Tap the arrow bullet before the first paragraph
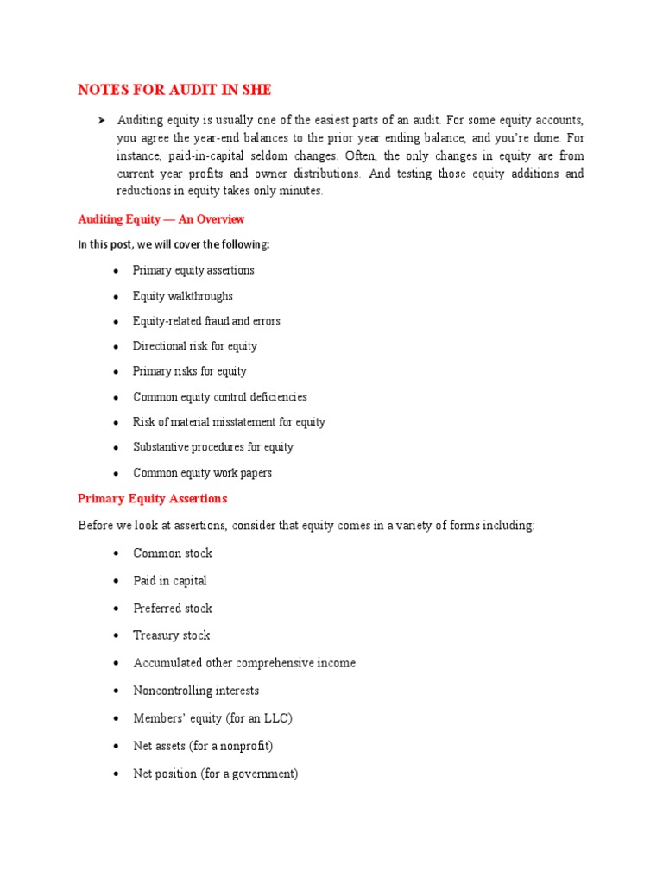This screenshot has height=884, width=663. coord(103,120)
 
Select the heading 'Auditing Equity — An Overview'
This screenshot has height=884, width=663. coord(161,219)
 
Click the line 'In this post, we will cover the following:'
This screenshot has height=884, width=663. coord(174,244)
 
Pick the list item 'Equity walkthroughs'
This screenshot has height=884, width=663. coord(182,296)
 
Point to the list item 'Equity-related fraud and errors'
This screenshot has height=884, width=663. coord(206,321)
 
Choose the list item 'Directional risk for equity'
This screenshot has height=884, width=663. coord(194,346)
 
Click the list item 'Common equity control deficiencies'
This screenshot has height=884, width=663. coord(219,397)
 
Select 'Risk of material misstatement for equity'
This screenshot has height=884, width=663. coord(229,422)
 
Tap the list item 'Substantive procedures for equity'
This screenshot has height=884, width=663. coord(212,447)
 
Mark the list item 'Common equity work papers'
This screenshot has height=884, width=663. coord(202,473)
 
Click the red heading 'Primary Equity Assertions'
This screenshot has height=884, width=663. coord(152,499)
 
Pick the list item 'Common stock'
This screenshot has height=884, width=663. coord(172,553)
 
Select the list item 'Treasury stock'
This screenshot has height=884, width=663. coord(171,635)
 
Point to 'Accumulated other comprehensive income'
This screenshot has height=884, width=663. coord(244,663)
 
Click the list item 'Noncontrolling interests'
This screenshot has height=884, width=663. coord(196,691)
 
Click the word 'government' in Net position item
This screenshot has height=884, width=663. coord(262,773)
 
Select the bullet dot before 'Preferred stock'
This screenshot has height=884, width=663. coord(116,609)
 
